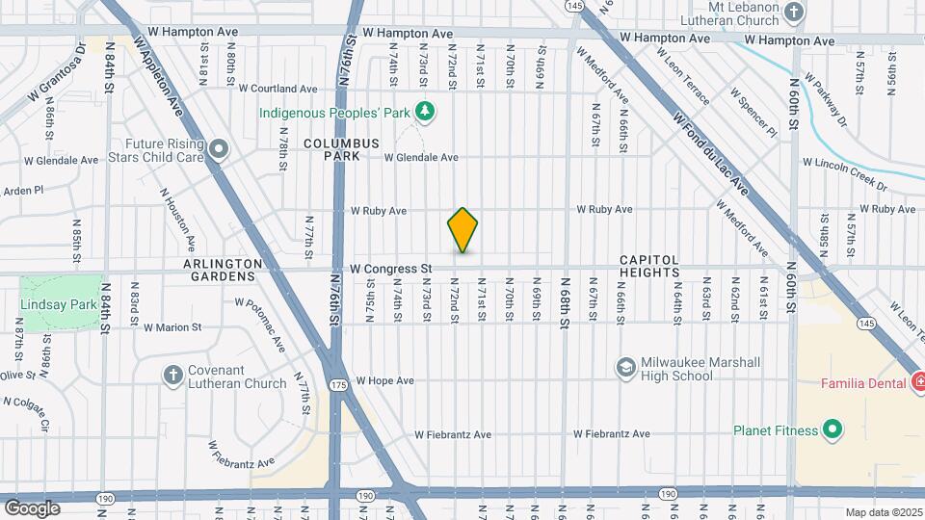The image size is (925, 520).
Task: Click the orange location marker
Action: point(462,230)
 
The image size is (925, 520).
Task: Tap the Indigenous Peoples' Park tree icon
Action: point(423,113)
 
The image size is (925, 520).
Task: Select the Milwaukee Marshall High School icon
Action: point(625,368)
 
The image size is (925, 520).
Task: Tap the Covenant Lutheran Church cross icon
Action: point(172,376)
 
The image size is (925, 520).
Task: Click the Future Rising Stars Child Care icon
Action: point(219,148)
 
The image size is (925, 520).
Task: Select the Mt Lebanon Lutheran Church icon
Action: point(793,13)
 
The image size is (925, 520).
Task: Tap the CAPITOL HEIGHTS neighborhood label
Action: point(649,267)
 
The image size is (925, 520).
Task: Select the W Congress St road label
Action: point(390,269)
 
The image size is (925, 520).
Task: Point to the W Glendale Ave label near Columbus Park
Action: point(421,157)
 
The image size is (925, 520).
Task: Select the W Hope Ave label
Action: point(384,380)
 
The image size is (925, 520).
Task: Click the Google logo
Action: point(32,507)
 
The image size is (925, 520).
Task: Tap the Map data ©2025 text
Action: point(884,512)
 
